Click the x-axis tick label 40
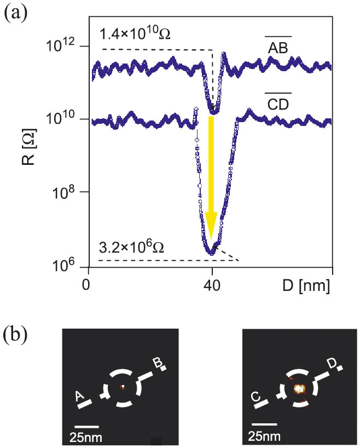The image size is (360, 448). coord(212,285)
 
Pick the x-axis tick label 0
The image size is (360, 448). coord(86,285)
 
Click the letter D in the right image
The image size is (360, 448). coord(332,363)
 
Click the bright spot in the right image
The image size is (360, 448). coord(299,389)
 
